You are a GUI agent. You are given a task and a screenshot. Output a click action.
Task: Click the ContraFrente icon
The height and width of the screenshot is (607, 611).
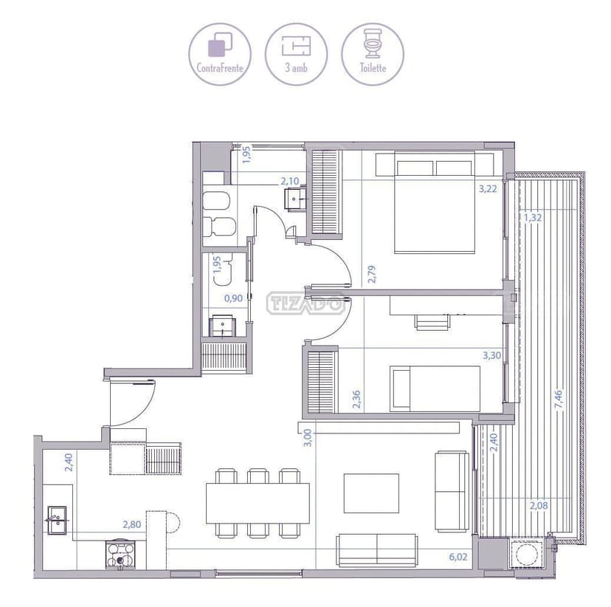tap(220, 53)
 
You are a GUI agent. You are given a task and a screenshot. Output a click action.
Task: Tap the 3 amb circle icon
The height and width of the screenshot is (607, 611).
tap(296, 53)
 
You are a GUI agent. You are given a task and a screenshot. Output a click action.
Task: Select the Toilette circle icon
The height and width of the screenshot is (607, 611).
tap(373, 53)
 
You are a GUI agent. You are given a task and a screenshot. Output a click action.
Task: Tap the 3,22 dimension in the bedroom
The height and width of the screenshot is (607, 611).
tap(488, 189)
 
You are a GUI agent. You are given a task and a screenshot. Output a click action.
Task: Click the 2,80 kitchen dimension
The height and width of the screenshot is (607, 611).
tap(132, 525)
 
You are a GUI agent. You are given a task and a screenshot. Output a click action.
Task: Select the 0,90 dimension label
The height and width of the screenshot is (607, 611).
tap(232, 298)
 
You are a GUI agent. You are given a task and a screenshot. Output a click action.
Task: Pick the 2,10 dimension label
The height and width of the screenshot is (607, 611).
tap(289, 179)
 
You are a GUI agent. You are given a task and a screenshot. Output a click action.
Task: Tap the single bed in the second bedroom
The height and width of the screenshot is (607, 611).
tap(435, 388)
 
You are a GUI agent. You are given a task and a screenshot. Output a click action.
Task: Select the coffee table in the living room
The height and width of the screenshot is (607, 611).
tap(371, 493)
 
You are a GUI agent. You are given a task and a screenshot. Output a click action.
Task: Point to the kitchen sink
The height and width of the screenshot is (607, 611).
tap(58, 520)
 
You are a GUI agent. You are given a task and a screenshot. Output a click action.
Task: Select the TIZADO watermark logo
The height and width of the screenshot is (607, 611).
tap(305, 303)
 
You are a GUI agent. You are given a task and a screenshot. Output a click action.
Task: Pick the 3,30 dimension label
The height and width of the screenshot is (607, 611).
tap(491, 355)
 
